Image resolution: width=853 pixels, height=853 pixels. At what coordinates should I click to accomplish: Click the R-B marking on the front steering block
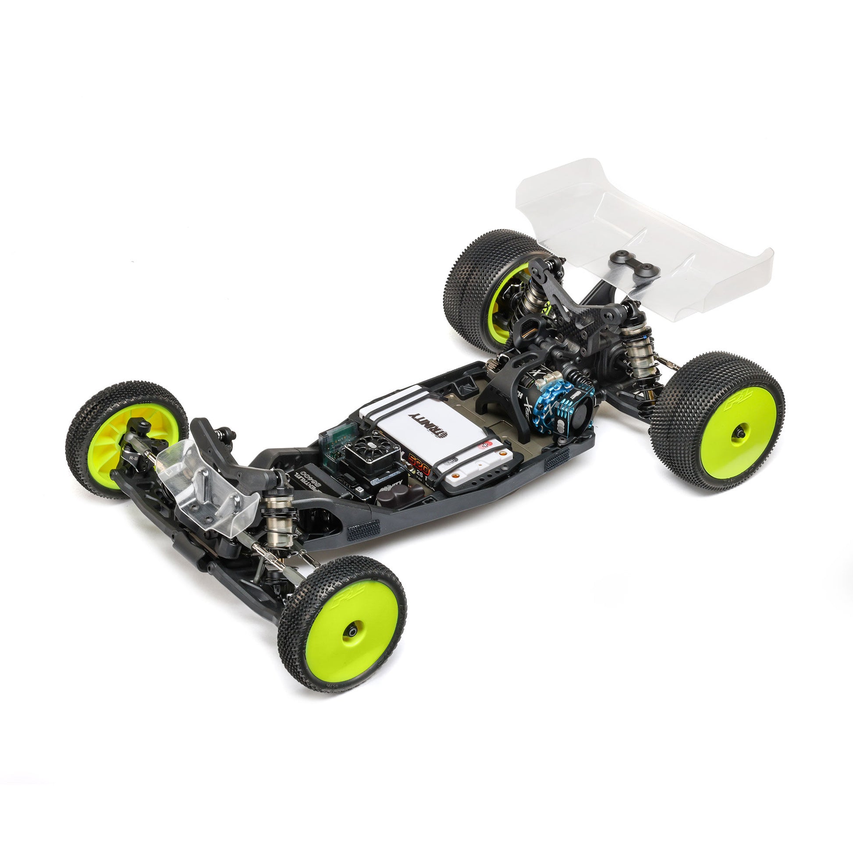pyautogui.click(x=133, y=458)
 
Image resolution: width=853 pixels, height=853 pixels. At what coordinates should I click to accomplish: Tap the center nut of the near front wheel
pyautogui.click(x=352, y=632)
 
